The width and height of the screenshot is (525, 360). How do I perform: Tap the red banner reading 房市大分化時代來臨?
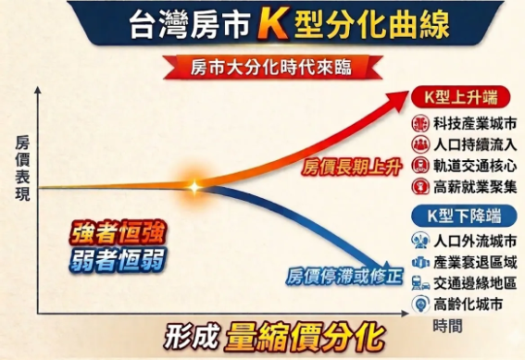262,68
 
